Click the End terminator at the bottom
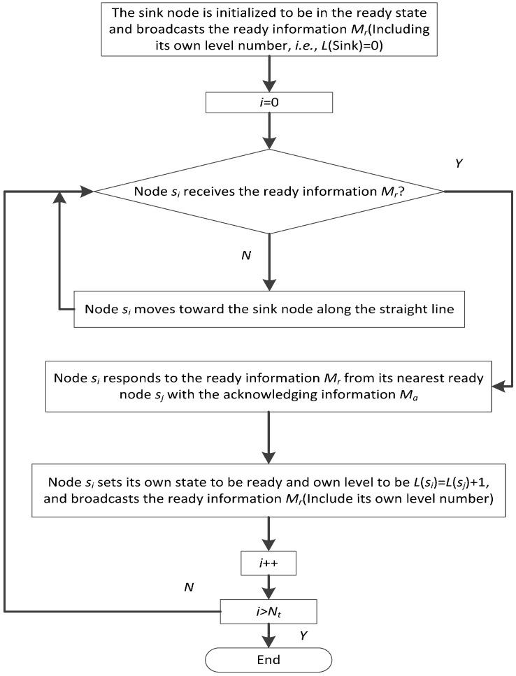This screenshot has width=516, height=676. tap(268, 659)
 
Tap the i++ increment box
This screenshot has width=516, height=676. tap(268, 562)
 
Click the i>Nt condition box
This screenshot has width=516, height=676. tap(268, 612)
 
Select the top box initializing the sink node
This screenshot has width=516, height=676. tap(268, 29)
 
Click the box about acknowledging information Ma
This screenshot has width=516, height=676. tap(268, 385)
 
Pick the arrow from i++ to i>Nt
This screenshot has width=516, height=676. tap(268, 586)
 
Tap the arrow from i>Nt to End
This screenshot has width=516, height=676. tap(268, 636)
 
